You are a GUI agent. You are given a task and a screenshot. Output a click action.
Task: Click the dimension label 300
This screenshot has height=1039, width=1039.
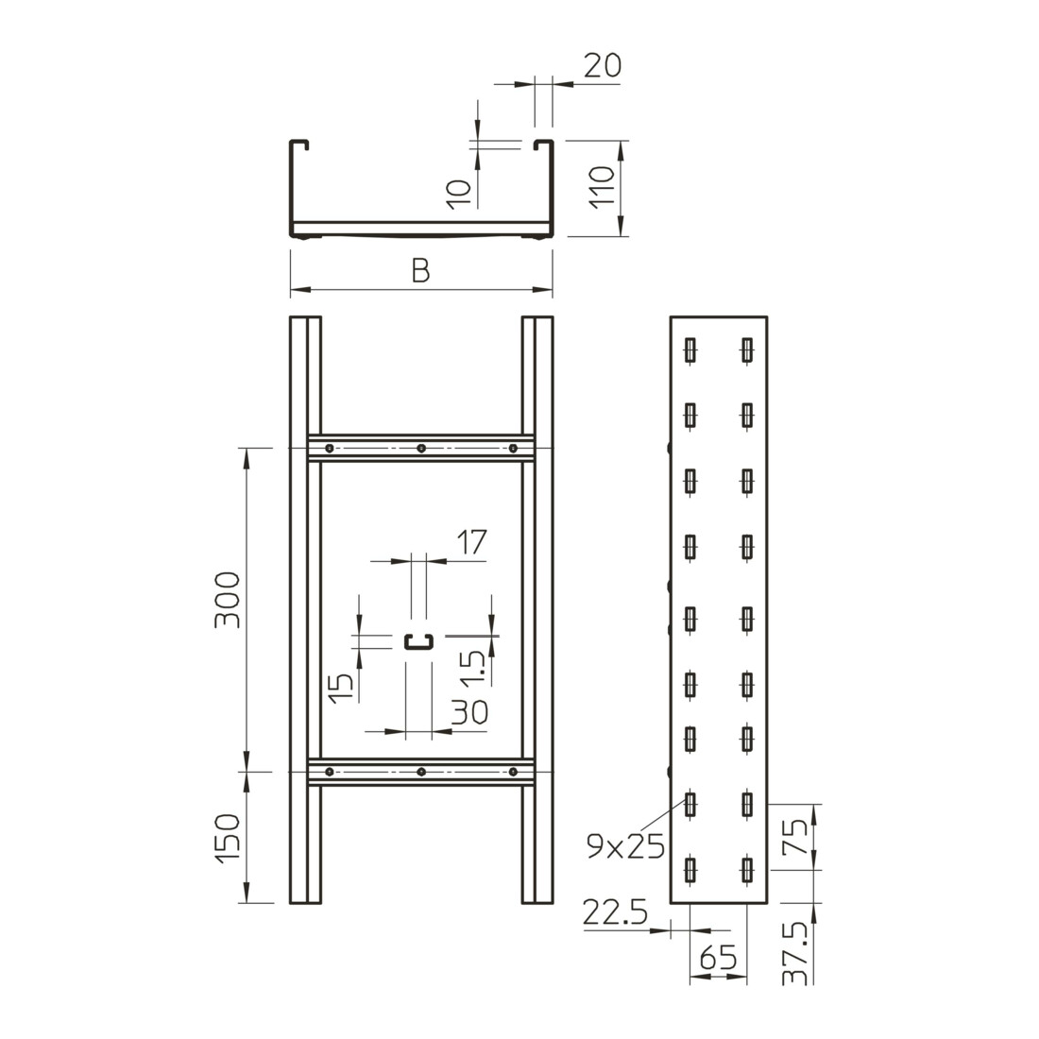[227, 600]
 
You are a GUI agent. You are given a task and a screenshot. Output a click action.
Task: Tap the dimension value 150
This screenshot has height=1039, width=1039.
[227, 838]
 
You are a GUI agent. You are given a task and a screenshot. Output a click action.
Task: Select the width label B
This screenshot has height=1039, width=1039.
[420, 271]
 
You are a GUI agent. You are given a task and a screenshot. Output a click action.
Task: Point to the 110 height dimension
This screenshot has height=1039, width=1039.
[602, 187]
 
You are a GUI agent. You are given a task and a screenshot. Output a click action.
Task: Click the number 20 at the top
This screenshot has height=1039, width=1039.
[603, 65]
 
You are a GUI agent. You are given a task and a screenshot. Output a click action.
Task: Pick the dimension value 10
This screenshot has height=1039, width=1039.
[458, 195]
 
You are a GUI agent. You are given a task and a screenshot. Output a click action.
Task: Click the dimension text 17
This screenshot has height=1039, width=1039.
[472, 542]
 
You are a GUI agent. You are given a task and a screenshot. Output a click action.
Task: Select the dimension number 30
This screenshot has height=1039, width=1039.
[469, 712]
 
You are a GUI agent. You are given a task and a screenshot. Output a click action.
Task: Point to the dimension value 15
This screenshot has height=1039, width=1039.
[341, 689]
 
